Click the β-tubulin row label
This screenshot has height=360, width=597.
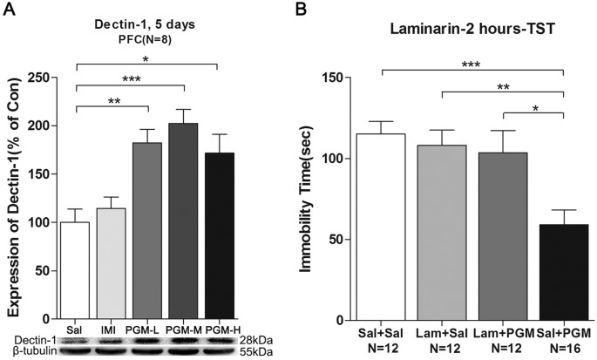[33, 350]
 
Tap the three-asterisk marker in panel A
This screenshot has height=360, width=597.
[131, 78]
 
